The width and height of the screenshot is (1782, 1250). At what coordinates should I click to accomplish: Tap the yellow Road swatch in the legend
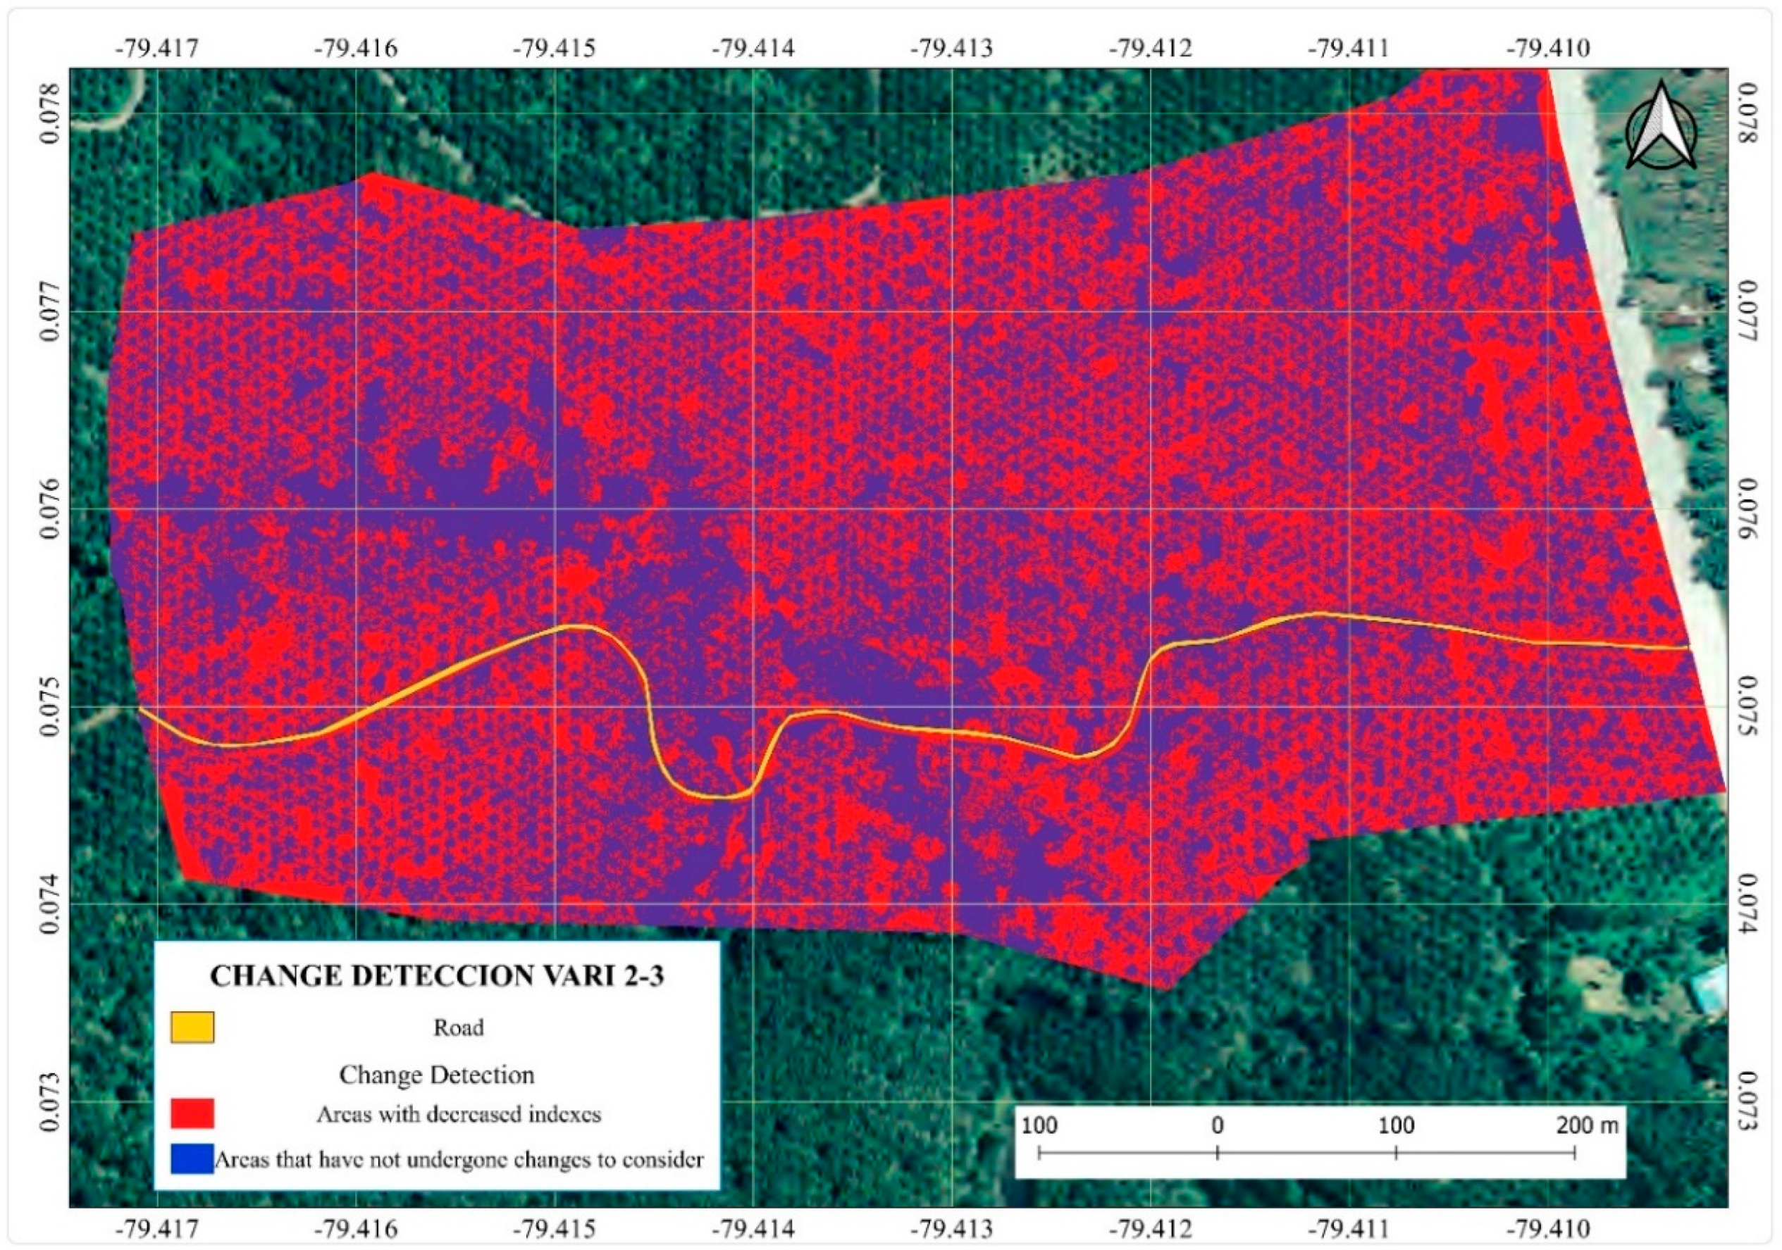pyautogui.click(x=192, y=1027)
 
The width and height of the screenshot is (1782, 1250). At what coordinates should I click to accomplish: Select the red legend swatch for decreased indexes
pyautogui.click(x=192, y=1113)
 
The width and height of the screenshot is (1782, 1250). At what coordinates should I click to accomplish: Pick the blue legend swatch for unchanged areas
pyautogui.click(x=192, y=1158)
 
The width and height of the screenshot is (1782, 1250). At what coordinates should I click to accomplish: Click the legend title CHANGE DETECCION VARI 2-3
pyautogui.click(x=437, y=976)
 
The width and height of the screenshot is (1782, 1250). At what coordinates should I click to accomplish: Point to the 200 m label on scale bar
pyautogui.click(x=1586, y=1125)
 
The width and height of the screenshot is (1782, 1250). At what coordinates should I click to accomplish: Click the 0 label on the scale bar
pyautogui.click(x=1217, y=1125)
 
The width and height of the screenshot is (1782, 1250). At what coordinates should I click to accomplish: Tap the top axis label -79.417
pyautogui.click(x=158, y=48)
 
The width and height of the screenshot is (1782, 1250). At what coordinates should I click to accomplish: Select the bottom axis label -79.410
pyautogui.click(x=1548, y=1229)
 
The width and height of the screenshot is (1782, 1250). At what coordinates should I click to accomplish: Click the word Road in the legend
pyautogui.click(x=458, y=1028)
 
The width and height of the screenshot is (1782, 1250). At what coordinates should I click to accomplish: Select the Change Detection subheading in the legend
pyautogui.click(x=437, y=1075)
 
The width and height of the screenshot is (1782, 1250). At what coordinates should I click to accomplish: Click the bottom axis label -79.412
pyautogui.click(x=1150, y=1229)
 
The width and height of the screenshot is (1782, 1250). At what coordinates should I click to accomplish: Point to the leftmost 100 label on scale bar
pyautogui.click(x=1039, y=1125)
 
